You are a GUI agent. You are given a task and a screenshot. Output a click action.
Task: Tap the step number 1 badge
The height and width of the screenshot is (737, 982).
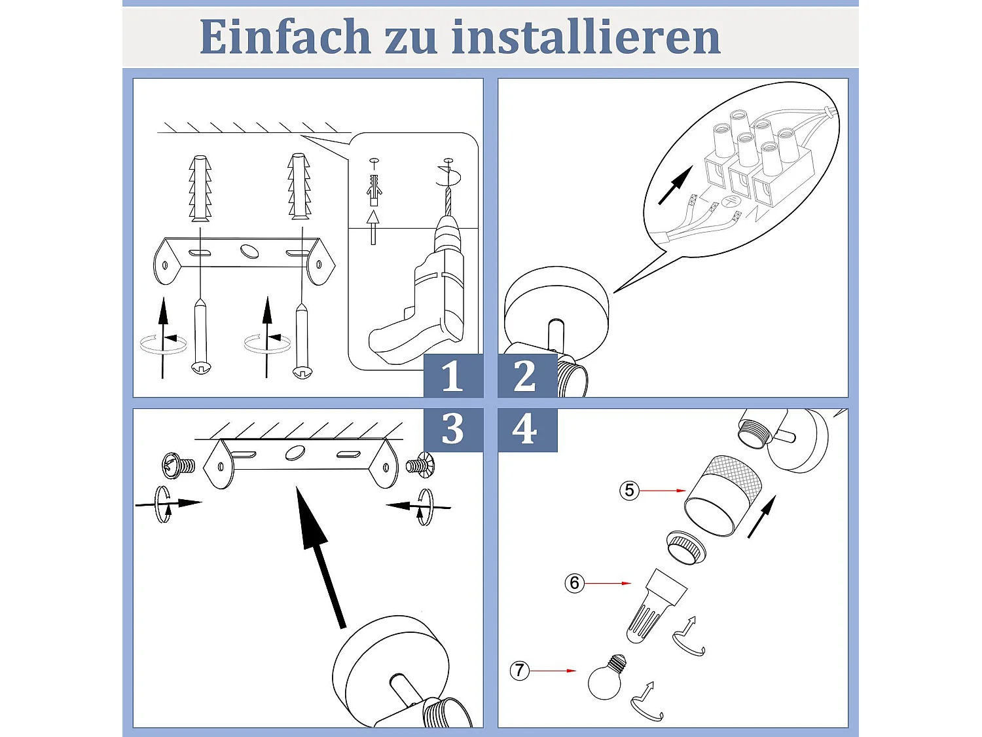point(452,376)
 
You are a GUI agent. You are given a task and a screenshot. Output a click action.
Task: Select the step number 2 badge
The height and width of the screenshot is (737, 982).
point(526,376)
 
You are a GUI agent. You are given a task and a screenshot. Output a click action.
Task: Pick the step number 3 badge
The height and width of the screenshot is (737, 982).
point(452,430)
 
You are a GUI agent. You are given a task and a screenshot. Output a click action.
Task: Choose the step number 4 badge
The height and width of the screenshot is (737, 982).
point(526,430)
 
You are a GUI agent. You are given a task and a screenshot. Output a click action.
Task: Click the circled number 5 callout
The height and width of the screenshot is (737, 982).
point(629,490)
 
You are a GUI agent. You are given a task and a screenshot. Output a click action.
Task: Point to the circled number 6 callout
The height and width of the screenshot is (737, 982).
point(574,583)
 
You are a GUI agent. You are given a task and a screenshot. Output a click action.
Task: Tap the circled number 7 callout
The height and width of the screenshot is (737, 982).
point(519,671)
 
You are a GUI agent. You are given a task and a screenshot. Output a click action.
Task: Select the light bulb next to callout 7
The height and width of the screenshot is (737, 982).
point(606,678)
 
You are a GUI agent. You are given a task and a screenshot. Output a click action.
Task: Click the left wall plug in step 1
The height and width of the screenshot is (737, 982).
point(200,188)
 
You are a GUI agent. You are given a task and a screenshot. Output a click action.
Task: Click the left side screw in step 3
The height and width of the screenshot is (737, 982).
point(178,466)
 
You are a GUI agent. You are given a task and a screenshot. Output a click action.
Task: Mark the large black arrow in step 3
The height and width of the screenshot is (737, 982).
point(321,557)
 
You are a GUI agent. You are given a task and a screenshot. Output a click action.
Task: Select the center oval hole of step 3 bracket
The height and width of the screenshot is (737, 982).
point(294,453)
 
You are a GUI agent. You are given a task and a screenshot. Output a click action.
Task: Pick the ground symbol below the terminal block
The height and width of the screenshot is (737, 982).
point(730,202)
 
